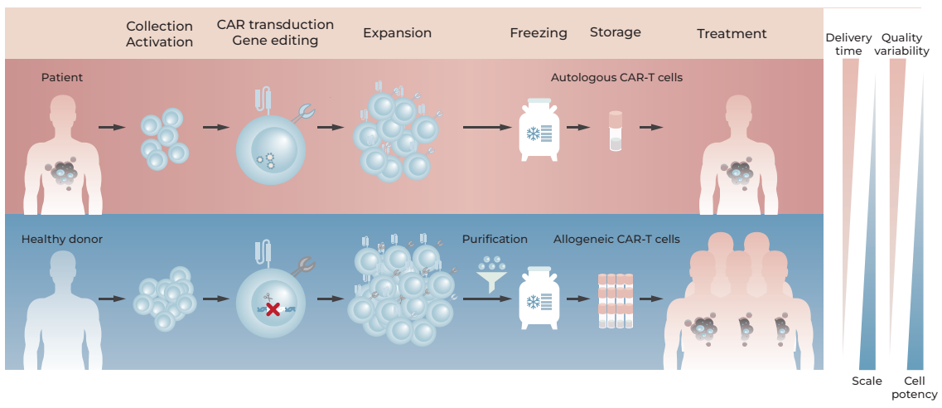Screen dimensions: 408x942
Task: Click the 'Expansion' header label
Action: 397,33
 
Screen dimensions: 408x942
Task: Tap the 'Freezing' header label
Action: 539,33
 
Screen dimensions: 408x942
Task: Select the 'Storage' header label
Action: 616,32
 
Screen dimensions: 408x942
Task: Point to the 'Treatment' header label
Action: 732,34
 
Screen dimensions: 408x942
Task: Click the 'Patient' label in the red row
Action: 62,77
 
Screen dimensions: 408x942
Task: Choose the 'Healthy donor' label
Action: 62,240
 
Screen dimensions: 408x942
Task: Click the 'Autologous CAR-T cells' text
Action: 616,77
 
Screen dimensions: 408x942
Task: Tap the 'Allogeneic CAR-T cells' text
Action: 616,240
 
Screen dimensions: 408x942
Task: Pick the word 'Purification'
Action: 495,239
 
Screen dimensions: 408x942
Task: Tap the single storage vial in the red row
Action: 616,131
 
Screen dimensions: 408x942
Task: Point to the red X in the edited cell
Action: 272,309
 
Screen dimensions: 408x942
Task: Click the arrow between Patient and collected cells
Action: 110,127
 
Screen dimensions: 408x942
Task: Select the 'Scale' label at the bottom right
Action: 867,381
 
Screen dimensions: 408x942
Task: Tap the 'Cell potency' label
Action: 914,387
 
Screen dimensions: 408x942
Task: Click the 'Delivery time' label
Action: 848,45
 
